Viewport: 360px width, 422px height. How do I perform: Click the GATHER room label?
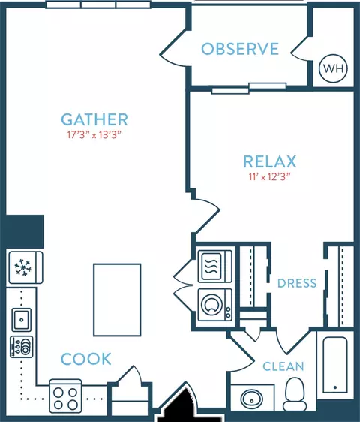(x=94, y=119)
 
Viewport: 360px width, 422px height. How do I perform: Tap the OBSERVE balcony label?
(x=240, y=49)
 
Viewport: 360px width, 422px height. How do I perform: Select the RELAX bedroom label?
(x=270, y=161)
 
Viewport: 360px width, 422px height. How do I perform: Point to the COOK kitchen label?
(x=86, y=359)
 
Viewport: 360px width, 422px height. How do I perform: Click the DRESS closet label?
(x=297, y=283)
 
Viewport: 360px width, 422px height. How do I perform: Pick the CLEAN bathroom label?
(x=283, y=366)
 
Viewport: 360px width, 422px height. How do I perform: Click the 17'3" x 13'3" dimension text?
(x=93, y=135)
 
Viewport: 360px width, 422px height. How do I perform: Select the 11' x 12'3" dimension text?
(x=270, y=176)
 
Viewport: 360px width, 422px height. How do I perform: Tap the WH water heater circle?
(x=333, y=68)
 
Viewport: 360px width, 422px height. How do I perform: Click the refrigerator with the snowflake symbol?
(x=25, y=267)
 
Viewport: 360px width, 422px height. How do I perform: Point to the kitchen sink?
(x=22, y=320)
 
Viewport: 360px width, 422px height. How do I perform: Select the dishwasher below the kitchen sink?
(x=22, y=347)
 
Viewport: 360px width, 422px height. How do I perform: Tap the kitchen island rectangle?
(x=117, y=300)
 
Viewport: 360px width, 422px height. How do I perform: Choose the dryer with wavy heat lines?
(x=215, y=266)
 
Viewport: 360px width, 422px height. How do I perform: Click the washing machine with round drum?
(x=215, y=305)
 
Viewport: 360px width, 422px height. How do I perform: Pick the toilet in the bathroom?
(x=295, y=394)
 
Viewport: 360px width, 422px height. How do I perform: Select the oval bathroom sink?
(x=252, y=399)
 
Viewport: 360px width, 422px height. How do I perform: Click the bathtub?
(x=335, y=365)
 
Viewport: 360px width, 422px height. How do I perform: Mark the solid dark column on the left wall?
(x=25, y=231)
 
